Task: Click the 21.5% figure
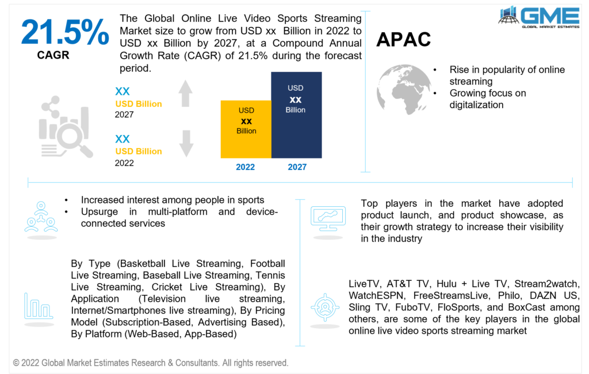click(x=65, y=33)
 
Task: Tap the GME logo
click(x=540, y=17)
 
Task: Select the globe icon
click(x=404, y=89)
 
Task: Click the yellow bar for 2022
click(x=246, y=129)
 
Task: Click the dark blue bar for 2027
click(x=296, y=115)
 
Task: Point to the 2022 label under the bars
click(x=245, y=167)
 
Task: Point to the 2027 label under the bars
click(x=296, y=167)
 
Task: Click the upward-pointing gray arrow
click(x=185, y=94)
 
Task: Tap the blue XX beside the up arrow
click(x=123, y=91)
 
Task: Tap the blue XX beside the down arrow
click(x=123, y=139)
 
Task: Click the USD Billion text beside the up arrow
click(x=139, y=104)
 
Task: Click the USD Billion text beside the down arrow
click(x=139, y=152)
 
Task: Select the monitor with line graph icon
click(x=328, y=218)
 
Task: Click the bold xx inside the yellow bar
click(x=246, y=121)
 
